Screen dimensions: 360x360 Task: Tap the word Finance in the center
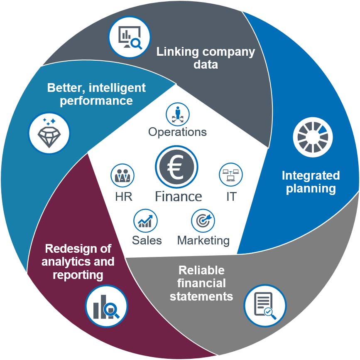[179, 196]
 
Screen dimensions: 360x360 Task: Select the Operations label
[177, 132]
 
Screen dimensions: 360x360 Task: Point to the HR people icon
[122, 175]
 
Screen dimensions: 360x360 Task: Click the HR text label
[124, 196]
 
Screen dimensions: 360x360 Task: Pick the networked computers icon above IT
[231, 175]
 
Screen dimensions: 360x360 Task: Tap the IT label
[231, 196]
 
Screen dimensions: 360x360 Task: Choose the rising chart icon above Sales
[145, 220]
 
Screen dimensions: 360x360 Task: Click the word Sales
[147, 240]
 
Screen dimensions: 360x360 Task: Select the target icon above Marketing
[203, 220]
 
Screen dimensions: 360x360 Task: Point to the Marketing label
[203, 240]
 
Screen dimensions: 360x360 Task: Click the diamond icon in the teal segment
[49, 133]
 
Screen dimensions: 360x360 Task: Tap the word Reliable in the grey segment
[201, 270]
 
